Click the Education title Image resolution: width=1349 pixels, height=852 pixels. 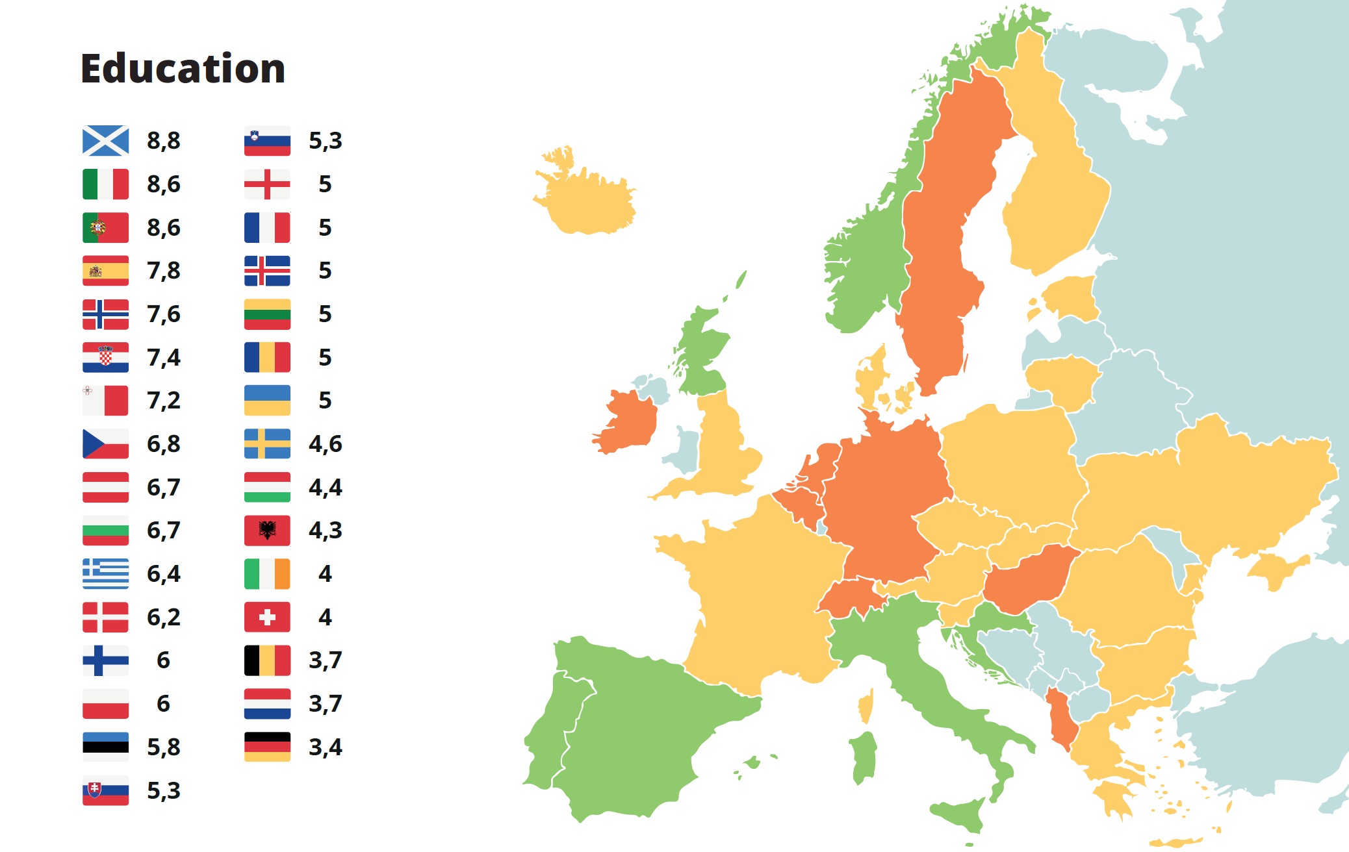183,69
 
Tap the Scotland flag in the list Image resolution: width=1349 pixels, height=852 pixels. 105,141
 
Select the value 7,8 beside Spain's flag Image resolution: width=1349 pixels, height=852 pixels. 164,271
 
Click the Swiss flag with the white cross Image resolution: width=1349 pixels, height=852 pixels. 267,618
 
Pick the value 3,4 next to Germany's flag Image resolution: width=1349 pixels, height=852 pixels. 325,747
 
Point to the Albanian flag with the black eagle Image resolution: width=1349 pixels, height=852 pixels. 267,531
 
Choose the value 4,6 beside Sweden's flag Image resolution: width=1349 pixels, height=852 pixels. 325,444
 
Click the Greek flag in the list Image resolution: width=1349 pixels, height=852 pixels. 105,574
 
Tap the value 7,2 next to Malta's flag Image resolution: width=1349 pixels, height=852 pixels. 164,401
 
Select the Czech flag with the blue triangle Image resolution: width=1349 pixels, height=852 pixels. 105,444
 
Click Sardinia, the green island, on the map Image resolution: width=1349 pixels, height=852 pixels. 864,757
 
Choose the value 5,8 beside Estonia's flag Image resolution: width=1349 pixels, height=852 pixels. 164,747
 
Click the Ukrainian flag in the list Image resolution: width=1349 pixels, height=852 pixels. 267,401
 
